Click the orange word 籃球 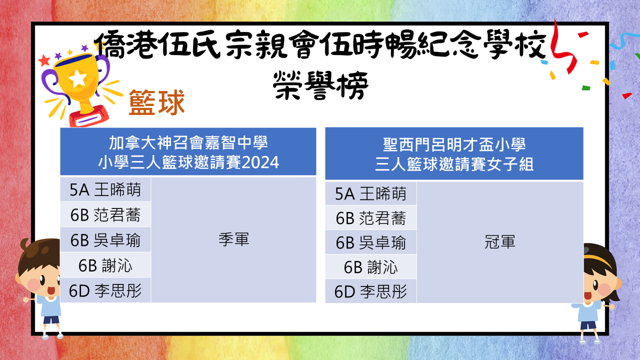157,102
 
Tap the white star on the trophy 77,78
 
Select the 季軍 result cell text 233,239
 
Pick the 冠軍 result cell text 500,241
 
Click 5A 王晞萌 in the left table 105,189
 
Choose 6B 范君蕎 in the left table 105,215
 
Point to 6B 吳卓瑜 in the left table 105,240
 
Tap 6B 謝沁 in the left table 105,265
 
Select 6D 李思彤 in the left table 105,290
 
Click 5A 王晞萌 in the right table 370,193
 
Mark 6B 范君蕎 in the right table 370,218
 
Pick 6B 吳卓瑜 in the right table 370,243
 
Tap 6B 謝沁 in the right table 370,267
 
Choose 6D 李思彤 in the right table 370,291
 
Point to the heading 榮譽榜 320,85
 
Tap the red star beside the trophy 44,60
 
